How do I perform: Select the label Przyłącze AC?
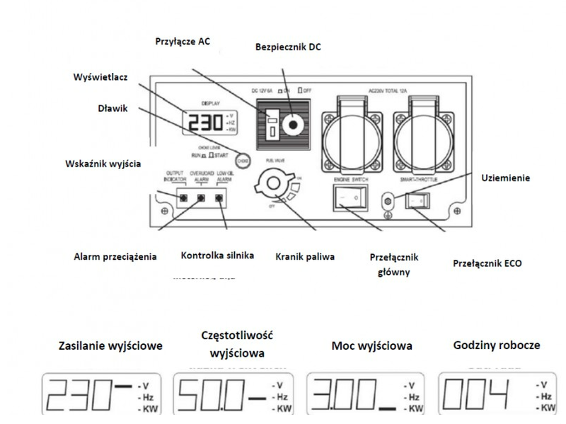183,40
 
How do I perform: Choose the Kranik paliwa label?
304,256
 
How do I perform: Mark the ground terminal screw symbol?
387,200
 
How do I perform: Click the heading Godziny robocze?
497,345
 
